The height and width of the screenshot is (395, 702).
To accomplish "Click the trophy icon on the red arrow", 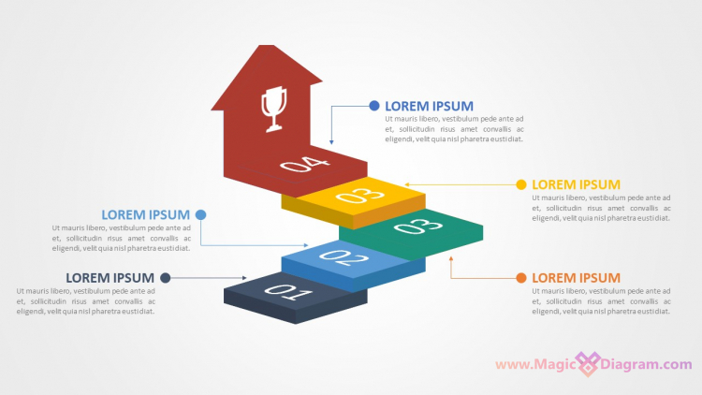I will [x=272, y=108].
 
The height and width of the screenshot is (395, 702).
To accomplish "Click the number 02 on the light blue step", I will [x=344, y=258].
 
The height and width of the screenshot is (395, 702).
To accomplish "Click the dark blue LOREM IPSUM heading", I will [x=429, y=106].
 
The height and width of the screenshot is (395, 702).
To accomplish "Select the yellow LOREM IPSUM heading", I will [x=576, y=184].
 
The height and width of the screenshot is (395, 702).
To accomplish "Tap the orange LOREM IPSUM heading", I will [x=576, y=278].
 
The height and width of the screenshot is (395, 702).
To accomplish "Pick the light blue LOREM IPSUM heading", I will [x=145, y=214].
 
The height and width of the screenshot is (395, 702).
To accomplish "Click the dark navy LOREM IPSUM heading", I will [x=110, y=277].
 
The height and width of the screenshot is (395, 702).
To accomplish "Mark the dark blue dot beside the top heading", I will [x=374, y=106].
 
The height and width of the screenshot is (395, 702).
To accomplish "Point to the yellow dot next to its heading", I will [x=521, y=184].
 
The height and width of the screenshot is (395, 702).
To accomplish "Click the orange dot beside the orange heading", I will [x=521, y=278].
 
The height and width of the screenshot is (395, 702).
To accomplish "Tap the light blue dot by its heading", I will [x=200, y=214].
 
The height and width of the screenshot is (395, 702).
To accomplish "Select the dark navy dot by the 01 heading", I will [x=166, y=277].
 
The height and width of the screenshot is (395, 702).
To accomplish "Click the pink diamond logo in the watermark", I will [x=587, y=364].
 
